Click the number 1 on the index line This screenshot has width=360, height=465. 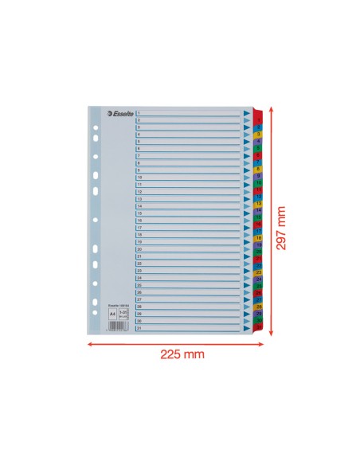[x=139, y=113]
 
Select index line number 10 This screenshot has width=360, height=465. [x=140, y=178]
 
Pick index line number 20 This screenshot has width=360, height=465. [x=140, y=249]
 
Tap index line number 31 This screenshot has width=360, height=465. [x=140, y=327]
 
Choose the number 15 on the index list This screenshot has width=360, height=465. [x=140, y=213]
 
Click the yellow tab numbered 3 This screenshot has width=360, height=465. [x=260, y=135]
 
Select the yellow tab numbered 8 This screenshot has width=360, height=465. [x=260, y=169]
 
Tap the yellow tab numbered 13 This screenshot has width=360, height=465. [x=260, y=204]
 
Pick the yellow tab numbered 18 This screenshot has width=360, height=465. [x=260, y=238]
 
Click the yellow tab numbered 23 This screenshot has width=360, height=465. [x=260, y=272]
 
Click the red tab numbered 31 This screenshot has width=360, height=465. [x=260, y=327]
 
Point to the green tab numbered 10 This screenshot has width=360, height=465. [x=260, y=183]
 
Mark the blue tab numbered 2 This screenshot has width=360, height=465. [x=260, y=127]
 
